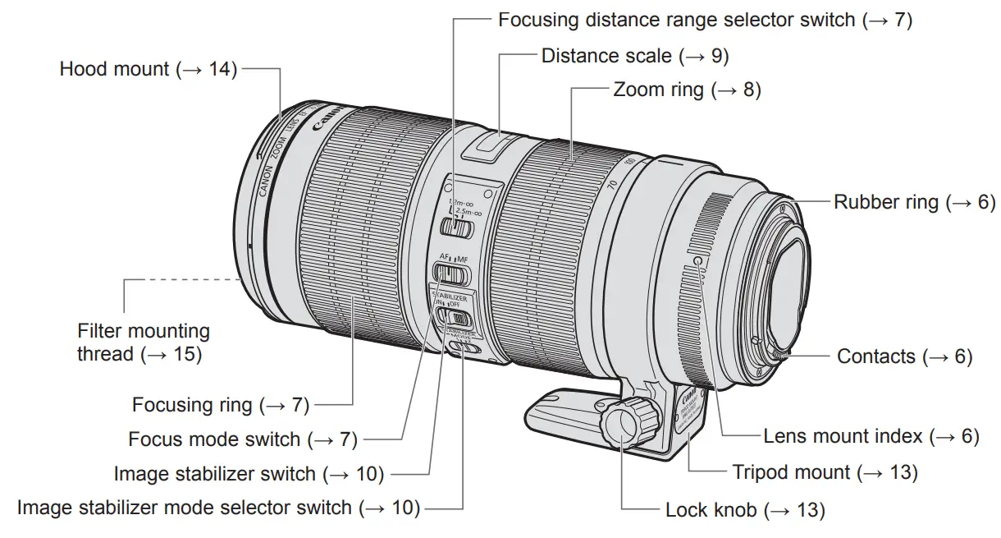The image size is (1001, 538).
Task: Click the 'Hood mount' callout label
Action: (148, 69)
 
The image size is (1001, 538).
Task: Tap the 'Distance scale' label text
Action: (634, 56)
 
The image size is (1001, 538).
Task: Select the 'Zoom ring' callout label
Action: (687, 90)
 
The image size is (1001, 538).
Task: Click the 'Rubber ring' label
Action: (914, 202)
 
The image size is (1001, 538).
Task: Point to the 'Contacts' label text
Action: (904, 356)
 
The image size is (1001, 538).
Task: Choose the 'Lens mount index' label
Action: (871, 436)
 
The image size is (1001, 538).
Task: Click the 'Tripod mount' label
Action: (825, 472)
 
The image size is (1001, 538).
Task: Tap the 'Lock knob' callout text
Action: (744, 510)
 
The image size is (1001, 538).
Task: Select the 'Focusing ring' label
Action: (220, 404)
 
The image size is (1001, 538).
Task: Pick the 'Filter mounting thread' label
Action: (144, 343)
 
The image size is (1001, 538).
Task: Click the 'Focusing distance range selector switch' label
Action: (705, 20)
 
